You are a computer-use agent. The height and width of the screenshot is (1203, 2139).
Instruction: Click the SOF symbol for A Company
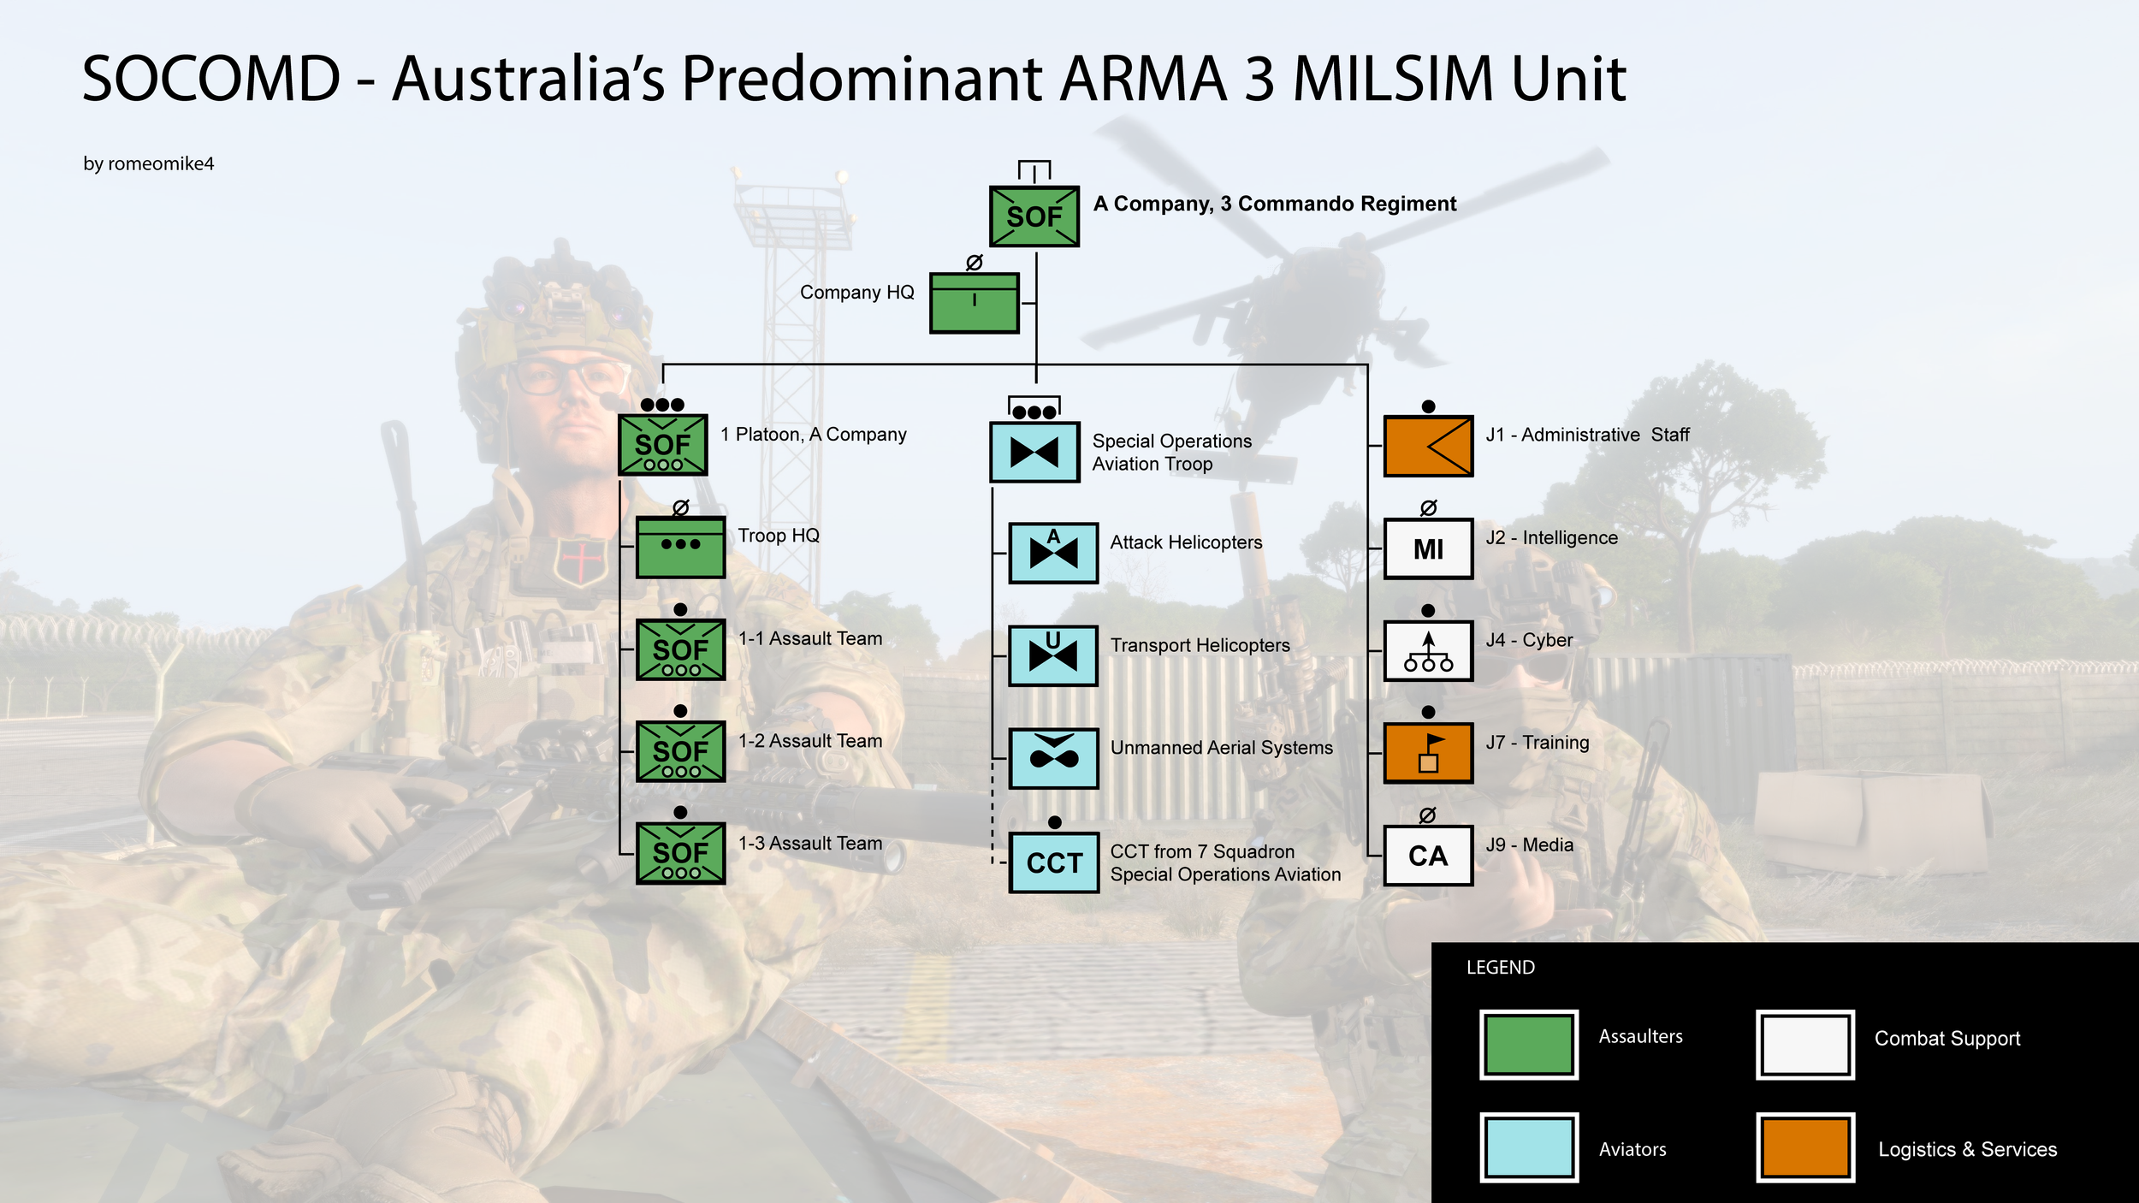tap(1034, 216)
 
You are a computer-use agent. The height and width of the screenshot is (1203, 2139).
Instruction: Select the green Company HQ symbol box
tap(975, 303)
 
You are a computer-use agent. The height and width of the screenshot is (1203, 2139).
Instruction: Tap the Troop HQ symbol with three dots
tap(681, 548)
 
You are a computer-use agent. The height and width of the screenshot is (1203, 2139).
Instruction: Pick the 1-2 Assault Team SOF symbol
tap(681, 751)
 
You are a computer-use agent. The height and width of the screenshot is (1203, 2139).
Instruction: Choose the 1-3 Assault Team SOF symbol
tap(681, 853)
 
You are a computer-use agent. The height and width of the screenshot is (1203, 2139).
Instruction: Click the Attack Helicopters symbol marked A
tap(1053, 553)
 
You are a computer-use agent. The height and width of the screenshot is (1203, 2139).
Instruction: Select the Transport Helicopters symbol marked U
tap(1053, 655)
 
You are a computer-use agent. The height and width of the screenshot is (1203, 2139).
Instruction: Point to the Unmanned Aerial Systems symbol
tap(1053, 758)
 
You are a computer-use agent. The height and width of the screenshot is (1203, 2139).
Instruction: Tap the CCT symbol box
tap(1053, 862)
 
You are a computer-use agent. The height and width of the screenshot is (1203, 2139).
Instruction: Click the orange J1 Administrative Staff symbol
tap(1429, 446)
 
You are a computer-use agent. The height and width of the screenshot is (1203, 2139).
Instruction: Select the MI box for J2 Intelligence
tap(1429, 548)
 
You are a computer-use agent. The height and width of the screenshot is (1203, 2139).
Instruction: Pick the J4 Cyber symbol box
tap(1429, 651)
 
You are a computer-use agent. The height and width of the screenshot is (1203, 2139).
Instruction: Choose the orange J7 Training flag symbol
tap(1429, 753)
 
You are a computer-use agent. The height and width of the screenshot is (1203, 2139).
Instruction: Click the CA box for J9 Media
tap(1429, 856)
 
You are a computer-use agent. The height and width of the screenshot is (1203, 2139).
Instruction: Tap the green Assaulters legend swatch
tap(1529, 1045)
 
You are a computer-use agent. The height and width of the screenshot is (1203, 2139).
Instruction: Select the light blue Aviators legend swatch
tap(1529, 1147)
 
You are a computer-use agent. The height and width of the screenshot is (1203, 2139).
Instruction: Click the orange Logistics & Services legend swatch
tap(1805, 1147)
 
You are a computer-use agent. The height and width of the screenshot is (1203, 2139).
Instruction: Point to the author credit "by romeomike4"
tap(149, 163)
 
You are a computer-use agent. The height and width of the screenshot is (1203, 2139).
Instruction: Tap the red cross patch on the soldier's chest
tap(582, 560)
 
